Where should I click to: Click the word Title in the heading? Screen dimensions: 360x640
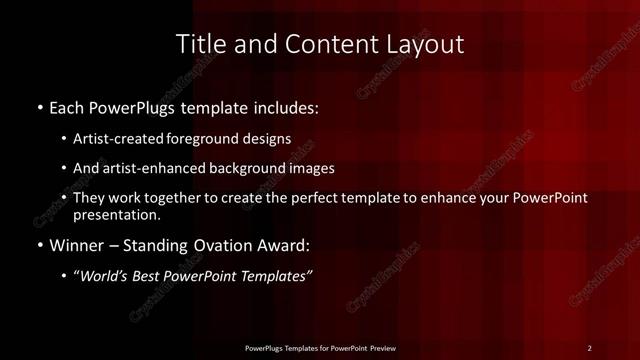[x=199, y=44]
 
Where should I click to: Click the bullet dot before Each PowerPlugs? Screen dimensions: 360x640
[x=39, y=106]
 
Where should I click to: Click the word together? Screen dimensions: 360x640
[x=174, y=198]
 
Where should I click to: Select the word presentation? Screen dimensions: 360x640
[x=117, y=214]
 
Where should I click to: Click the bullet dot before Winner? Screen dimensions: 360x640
[x=39, y=244]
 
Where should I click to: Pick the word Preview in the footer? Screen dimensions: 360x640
[x=379, y=347]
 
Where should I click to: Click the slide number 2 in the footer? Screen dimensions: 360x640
[x=589, y=347]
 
